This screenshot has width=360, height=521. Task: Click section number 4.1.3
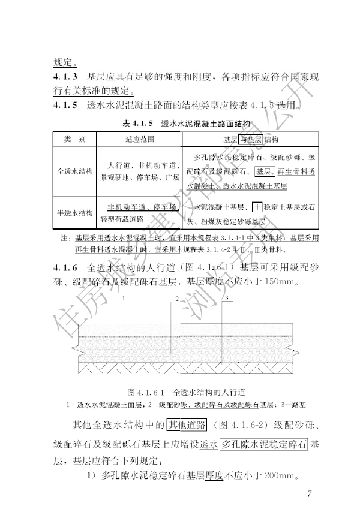65,77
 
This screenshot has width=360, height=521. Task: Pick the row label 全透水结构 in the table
75,171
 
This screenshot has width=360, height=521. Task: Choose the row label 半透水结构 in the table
75,212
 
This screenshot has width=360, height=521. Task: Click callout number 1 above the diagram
122,298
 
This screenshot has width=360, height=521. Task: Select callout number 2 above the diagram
176,298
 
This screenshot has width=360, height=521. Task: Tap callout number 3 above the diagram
227,298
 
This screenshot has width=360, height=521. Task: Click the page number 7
308,495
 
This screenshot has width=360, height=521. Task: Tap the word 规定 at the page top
62,61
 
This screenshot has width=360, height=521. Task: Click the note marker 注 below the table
64,239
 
